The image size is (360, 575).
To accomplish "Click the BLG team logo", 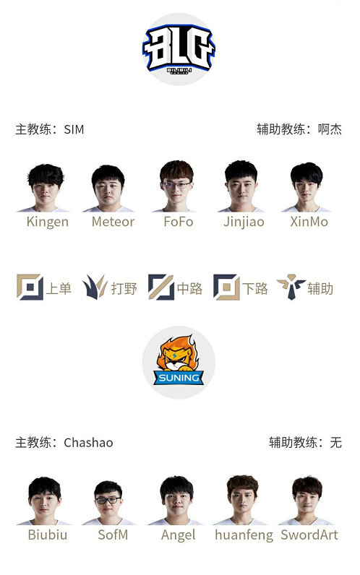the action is (x=179, y=50).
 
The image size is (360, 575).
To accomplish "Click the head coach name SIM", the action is (x=74, y=129).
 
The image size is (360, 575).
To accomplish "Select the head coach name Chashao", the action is (x=88, y=443).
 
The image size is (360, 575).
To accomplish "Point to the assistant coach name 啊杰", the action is (x=330, y=129).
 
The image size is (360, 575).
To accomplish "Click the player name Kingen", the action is (x=47, y=222).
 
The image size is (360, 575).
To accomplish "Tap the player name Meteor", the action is (x=113, y=222).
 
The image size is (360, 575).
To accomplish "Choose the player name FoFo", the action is (x=179, y=222).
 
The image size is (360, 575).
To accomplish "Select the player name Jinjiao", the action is (x=244, y=222).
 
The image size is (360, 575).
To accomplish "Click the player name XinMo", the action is (x=309, y=222).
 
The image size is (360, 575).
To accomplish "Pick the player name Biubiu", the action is (x=48, y=535).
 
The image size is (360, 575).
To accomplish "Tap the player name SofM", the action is (x=113, y=535).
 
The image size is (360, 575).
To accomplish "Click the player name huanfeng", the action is (x=244, y=535).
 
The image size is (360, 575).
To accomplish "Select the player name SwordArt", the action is (x=309, y=535).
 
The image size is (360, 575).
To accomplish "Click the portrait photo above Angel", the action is (x=176, y=500).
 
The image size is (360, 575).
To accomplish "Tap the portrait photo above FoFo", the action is (x=176, y=186).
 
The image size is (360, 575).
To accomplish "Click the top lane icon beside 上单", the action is (x=30, y=287).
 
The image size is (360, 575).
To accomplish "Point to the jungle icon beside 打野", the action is (x=95, y=287).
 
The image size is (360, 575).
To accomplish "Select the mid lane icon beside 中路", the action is (x=161, y=287).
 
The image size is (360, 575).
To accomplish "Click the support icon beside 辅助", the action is (x=291, y=287).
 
